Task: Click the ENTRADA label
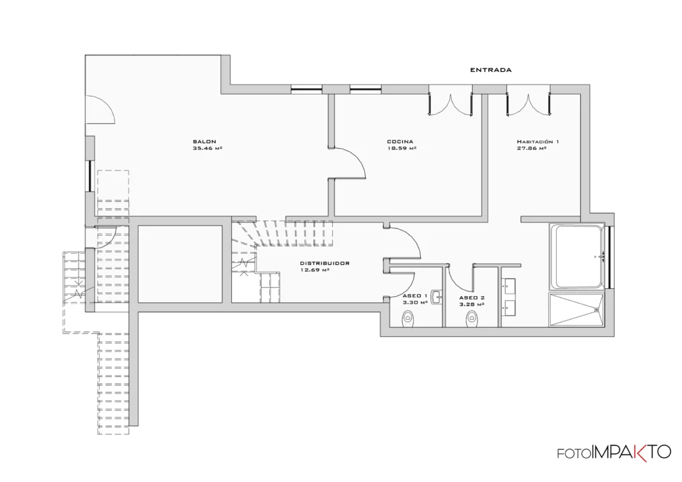[x=491, y=69]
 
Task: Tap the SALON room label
[x=204, y=141]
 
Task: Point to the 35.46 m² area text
[x=208, y=148]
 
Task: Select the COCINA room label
[x=400, y=141]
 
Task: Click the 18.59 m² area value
[x=402, y=148]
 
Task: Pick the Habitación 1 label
[x=538, y=141]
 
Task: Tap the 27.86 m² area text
[x=531, y=148]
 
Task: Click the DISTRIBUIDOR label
[x=325, y=263]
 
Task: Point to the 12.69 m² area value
[x=314, y=270]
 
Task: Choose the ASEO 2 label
[x=472, y=298]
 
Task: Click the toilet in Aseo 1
[x=408, y=318]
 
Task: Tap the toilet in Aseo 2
[x=472, y=319]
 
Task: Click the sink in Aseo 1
[x=436, y=298]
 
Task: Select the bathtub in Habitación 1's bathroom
[x=577, y=257]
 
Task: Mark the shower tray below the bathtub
[x=577, y=310]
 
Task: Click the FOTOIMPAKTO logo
[x=614, y=453]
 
